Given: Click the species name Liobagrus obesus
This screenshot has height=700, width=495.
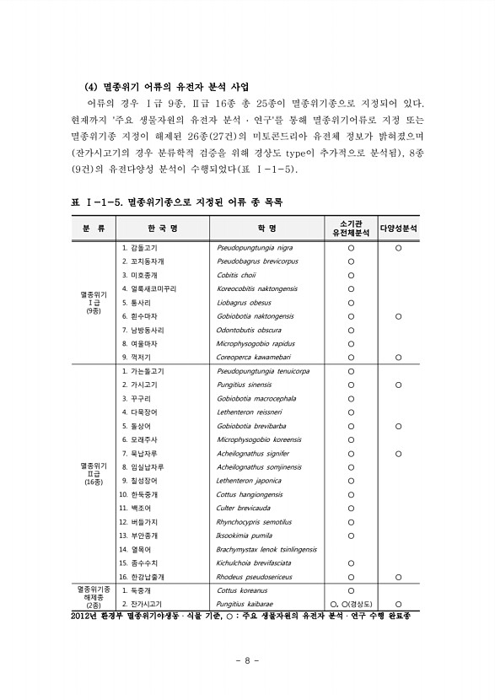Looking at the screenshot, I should (244, 302).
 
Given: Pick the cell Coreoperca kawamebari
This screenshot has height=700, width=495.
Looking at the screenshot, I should (253, 356).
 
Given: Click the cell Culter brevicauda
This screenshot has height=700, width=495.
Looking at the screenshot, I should (243, 509).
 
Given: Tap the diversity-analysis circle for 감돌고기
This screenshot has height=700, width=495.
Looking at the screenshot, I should (398, 249).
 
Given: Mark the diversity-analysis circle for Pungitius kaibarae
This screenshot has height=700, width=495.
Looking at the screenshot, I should (398, 604).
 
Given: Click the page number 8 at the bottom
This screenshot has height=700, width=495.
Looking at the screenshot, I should (247, 659).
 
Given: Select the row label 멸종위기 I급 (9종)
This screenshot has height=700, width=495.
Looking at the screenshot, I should (94, 302).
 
